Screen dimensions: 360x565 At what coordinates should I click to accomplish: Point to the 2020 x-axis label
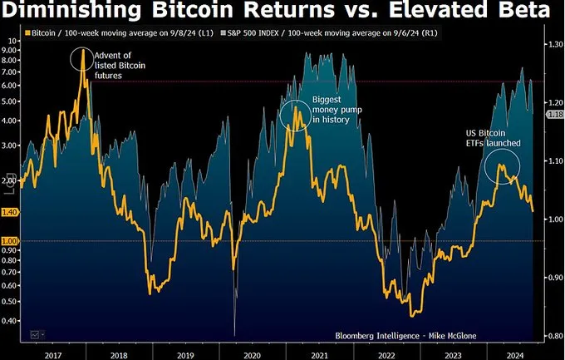[x=251, y=354]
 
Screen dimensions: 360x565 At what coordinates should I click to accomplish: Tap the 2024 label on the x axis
[x=515, y=354]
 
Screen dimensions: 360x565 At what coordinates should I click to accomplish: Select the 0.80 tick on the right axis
[x=554, y=336]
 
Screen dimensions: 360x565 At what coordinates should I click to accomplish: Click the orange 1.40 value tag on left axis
[x=10, y=212]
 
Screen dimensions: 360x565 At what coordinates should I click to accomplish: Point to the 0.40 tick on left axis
[x=10, y=320]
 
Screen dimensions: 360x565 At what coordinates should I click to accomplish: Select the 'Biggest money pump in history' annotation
[x=330, y=110]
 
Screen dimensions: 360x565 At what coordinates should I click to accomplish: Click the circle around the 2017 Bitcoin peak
[x=81, y=59]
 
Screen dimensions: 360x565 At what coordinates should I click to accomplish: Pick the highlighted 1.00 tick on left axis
[x=10, y=241]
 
